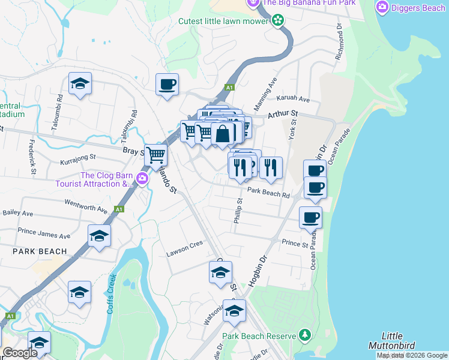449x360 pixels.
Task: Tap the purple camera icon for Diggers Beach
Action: click(382, 7)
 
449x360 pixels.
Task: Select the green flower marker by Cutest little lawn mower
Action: click(277, 21)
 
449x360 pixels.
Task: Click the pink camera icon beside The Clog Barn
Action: click(142, 178)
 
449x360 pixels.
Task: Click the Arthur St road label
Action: click(283, 113)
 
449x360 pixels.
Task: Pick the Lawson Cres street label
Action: click(185, 253)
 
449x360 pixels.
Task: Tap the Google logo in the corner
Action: click(20, 353)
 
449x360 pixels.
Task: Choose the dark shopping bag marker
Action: click(222, 134)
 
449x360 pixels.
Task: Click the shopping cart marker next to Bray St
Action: click(156, 155)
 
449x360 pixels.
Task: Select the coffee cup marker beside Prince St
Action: click(310, 217)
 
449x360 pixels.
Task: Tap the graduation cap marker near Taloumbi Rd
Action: click(80, 85)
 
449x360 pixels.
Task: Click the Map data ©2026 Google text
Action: click(412, 355)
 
